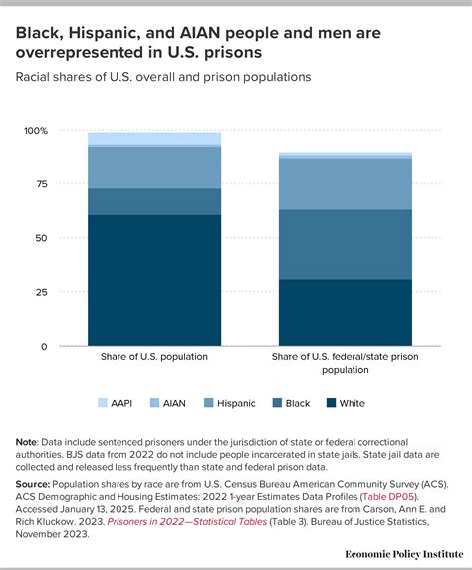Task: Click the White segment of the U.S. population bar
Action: pyautogui.click(x=153, y=280)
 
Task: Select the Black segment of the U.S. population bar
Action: pyautogui.click(x=153, y=201)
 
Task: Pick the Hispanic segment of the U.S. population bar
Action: pyautogui.click(x=153, y=167)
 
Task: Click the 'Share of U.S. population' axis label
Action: pyautogui.click(x=153, y=355)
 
